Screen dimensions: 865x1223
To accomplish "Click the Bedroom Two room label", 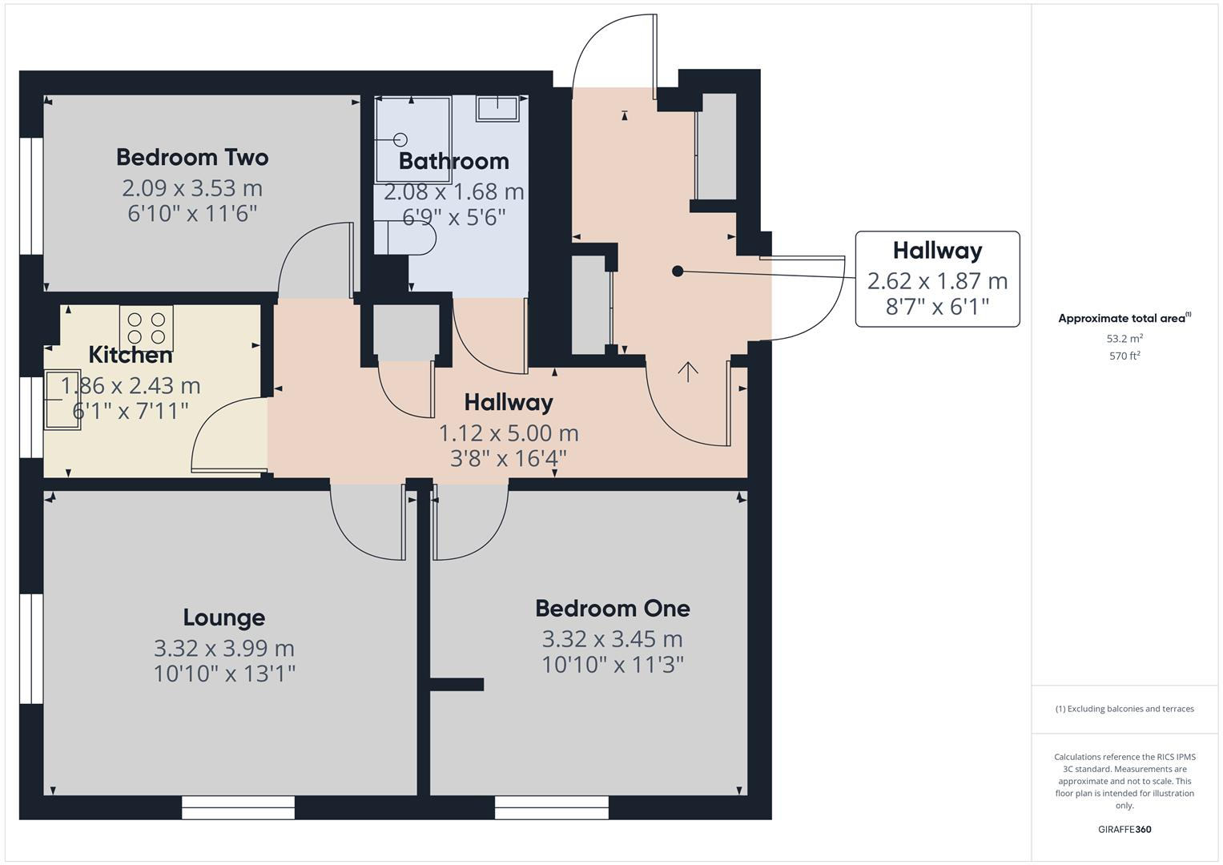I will [x=192, y=157].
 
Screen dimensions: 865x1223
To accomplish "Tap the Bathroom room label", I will [x=453, y=161].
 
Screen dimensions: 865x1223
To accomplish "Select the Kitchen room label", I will [x=130, y=354].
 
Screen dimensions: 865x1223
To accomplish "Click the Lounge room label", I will [x=223, y=618].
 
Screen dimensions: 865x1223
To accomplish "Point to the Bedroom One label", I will [x=612, y=609].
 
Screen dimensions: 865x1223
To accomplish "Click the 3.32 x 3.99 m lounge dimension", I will [x=223, y=648].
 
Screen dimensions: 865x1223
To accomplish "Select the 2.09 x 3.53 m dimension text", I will [x=192, y=188].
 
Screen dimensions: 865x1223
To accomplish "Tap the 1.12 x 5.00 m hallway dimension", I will [x=508, y=433].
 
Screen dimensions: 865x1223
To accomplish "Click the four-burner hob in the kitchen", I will [x=147, y=326].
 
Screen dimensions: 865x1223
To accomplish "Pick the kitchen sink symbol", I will [x=62, y=399].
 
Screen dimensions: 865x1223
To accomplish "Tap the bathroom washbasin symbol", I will [x=497, y=107].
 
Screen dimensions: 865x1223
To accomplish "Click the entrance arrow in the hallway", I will [x=688, y=371].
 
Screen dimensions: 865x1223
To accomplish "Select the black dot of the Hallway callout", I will [x=678, y=272].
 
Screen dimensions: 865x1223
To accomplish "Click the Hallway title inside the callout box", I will [x=937, y=251].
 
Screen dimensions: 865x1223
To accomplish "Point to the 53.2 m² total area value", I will [x=1124, y=339].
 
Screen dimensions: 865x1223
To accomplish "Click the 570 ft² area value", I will [x=1124, y=356].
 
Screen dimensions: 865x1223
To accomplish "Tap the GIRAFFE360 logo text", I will [x=1124, y=830].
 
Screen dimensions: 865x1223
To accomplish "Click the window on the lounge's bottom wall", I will [x=238, y=807].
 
